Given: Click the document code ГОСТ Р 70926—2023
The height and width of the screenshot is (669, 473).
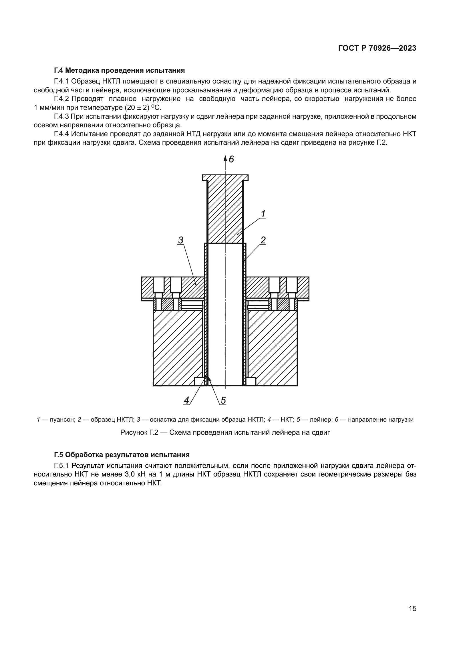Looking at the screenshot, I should [377, 48].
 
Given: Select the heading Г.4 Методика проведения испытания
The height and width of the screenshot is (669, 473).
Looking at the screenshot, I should [120, 70].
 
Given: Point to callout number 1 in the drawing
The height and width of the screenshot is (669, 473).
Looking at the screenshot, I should [263, 214].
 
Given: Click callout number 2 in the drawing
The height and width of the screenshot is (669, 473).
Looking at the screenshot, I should [263, 240].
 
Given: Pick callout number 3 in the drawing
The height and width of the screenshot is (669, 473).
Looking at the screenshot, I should [180, 240].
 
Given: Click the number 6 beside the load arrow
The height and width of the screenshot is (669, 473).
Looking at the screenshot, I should [231, 159].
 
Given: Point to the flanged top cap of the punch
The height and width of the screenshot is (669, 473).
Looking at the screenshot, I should [225, 177].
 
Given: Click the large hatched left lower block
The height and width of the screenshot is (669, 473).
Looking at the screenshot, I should [178, 348].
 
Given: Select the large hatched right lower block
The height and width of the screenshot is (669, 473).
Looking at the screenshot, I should [272, 348].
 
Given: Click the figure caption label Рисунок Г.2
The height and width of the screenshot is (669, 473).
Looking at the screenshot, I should [139, 432].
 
